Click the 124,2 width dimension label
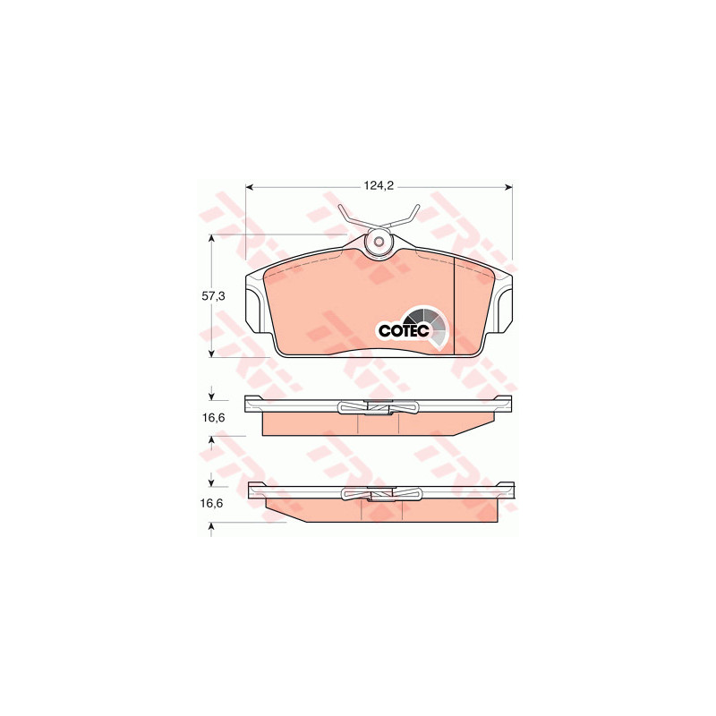(379, 186)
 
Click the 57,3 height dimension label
(213, 296)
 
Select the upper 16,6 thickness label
(213, 417)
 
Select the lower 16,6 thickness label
(211, 503)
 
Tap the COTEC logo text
(404, 331)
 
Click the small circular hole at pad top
(379, 242)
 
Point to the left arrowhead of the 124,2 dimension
(250, 186)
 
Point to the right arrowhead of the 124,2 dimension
(508, 186)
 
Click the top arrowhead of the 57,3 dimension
(211, 238)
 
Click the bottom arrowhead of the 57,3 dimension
(211, 354)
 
